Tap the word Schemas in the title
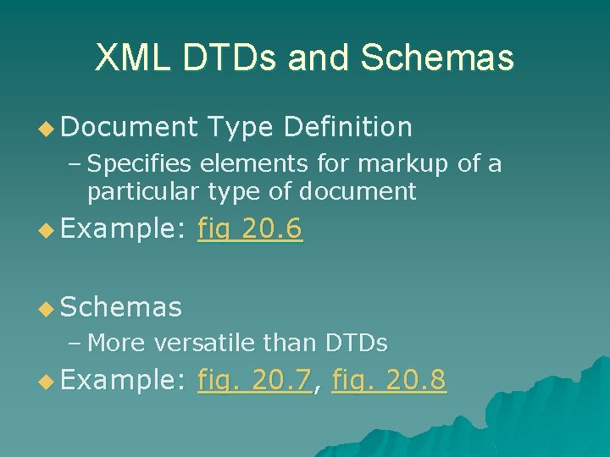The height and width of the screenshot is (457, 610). click(437, 58)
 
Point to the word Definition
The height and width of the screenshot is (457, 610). click(348, 127)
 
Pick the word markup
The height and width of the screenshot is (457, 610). click(411, 163)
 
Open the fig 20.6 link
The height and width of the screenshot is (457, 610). click(250, 229)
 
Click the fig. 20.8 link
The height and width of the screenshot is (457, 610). click(390, 381)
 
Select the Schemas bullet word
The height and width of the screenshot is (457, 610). click(121, 307)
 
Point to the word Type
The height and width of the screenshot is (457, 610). click(241, 127)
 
